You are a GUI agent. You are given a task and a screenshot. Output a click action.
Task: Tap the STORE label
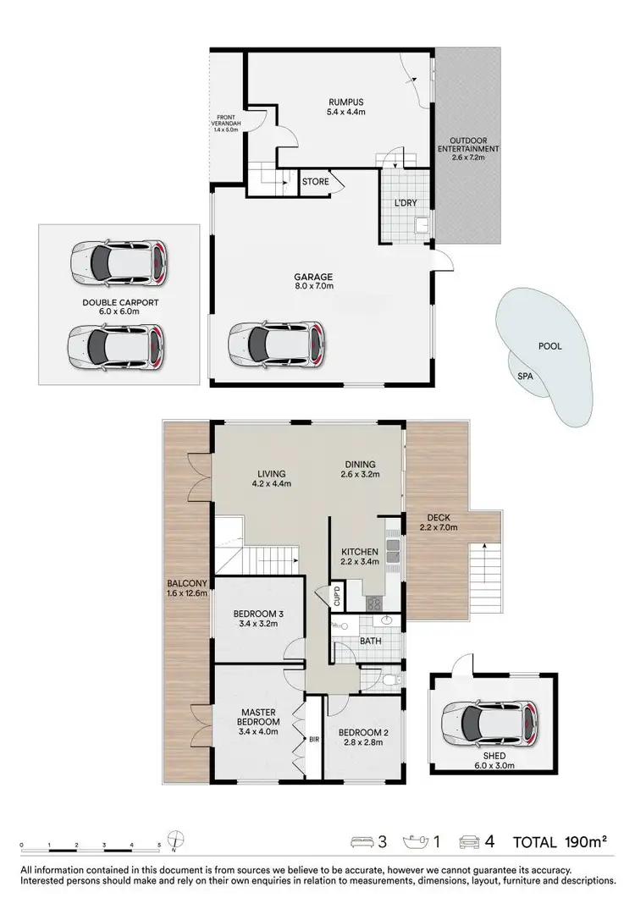(315, 181)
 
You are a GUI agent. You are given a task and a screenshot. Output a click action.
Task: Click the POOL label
(549, 345)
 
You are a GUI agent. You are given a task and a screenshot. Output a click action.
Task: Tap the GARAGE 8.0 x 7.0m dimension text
(314, 286)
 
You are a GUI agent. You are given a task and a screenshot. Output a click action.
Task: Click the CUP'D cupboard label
(336, 596)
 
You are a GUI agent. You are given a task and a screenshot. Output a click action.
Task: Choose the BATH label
(372, 641)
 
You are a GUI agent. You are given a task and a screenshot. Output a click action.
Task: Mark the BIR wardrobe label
(313, 738)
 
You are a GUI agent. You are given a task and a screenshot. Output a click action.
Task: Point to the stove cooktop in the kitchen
(374, 603)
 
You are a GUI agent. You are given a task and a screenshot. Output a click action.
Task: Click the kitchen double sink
(392, 553)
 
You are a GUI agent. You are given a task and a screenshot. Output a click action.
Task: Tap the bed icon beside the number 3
(362, 842)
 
